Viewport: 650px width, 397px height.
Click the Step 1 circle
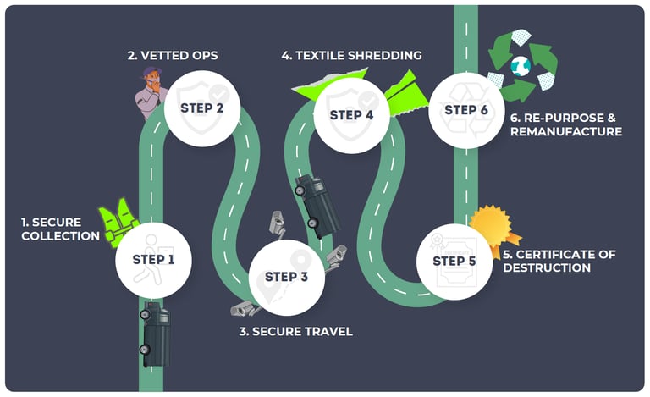pyautogui.click(x=153, y=258)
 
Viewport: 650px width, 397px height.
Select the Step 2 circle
pyautogui.click(x=201, y=108)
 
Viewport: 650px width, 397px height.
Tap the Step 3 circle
pyautogui.click(x=286, y=277)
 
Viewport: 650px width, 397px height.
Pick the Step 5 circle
pyautogui.click(x=454, y=261)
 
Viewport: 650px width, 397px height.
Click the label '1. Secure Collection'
pyautogui.click(x=59, y=229)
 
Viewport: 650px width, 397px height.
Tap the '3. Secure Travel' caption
pyautogui.click(x=295, y=331)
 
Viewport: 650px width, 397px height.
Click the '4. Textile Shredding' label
pyautogui.click(x=351, y=56)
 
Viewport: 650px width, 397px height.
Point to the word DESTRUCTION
pyautogui.click(x=546, y=268)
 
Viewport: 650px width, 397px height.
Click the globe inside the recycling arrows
pyautogui.click(x=520, y=64)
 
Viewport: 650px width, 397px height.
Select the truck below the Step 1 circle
pyautogui.click(x=155, y=334)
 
